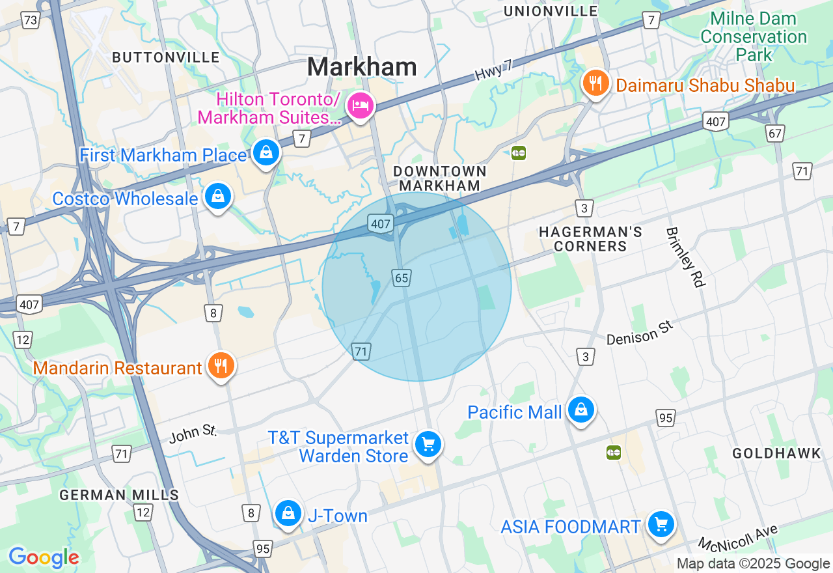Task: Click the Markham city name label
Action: tap(362, 67)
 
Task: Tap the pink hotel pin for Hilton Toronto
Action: tap(360, 105)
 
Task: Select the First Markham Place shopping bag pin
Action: tap(266, 153)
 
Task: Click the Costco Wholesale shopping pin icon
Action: tap(217, 196)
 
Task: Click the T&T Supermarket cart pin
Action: tap(428, 445)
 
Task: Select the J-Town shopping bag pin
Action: tap(287, 514)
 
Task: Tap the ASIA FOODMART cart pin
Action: tap(661, 524)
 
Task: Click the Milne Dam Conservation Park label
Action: tap(754, 36)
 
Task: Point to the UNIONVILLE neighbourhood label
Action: tap(551, 11)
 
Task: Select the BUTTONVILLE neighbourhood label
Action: tap(166, 57)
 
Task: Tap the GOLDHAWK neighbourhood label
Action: tap(777, 454)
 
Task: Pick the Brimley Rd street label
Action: tap(685, 257)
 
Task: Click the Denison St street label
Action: tap(638, 333)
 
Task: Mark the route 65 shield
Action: tap(402, 278)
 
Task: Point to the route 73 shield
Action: tap(30, 21)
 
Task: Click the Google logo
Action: tap(44, 557)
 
